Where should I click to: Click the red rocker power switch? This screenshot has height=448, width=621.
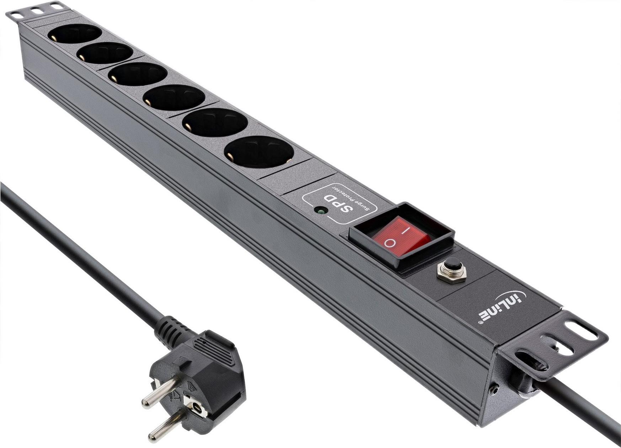[x=401, y=236]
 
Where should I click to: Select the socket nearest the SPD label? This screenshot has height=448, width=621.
[x=259, y=152]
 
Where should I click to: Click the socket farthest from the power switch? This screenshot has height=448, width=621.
[x=74, y=34]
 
